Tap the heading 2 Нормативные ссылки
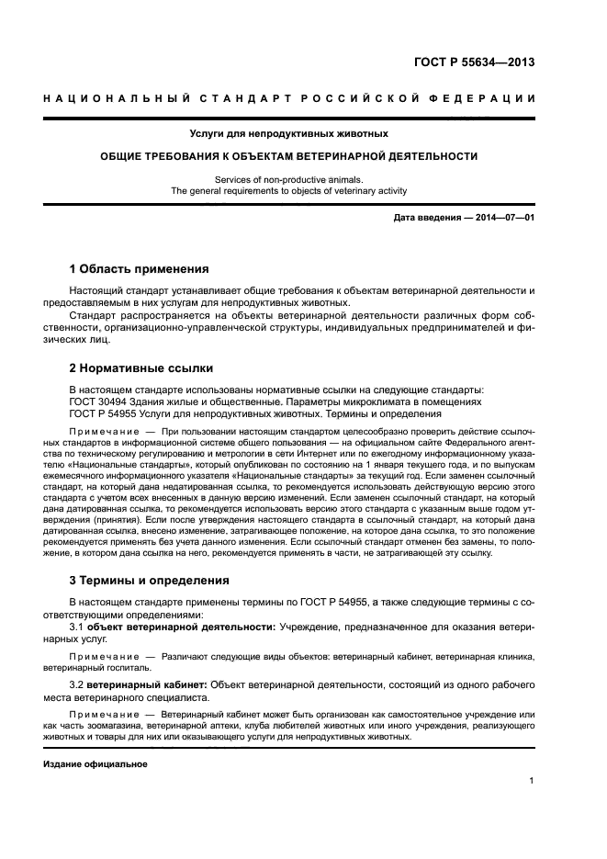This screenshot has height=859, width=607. pos(141,367)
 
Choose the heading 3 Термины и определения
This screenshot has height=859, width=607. pos(151,581)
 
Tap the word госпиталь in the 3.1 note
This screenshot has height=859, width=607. pos(133,668)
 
